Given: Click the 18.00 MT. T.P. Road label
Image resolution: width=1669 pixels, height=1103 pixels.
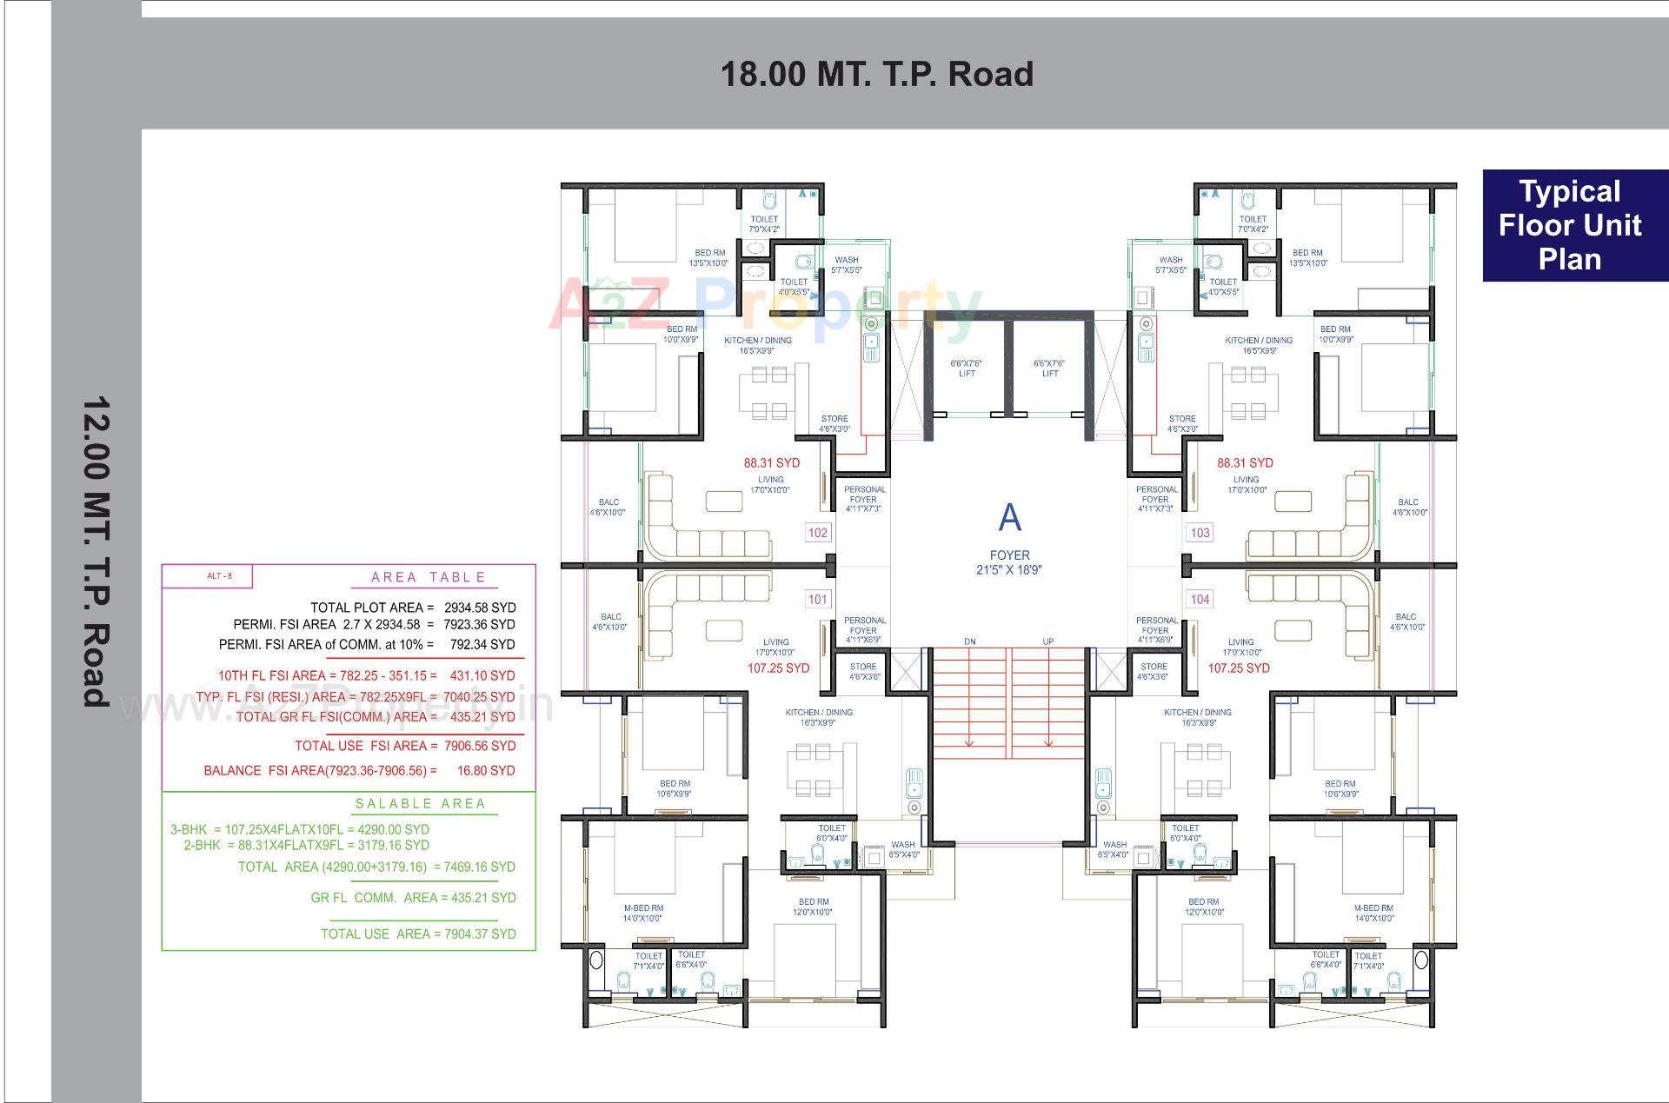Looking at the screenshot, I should click(x=877, y=74).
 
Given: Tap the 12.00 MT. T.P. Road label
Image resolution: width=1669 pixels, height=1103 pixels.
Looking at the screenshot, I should click(x=96, y=551).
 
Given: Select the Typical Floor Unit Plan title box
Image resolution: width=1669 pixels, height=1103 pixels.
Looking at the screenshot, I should click(x=1570, y=225).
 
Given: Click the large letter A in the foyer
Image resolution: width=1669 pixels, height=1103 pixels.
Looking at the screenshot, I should click(x=1009, y=518).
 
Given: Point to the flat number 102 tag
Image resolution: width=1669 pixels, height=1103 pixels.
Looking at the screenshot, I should click(x=818, y=533).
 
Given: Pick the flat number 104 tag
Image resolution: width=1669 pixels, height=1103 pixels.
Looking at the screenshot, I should click(x=1200, y=599).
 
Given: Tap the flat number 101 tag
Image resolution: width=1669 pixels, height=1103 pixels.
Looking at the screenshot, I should click(x=818, y=599).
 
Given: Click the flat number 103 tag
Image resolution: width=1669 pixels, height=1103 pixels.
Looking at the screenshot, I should click(x=1200, y=533).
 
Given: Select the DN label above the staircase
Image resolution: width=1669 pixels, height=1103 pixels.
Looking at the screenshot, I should click(x=970, y=641).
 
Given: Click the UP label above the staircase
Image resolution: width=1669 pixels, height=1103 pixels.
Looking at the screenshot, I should click(x=1048, y=641).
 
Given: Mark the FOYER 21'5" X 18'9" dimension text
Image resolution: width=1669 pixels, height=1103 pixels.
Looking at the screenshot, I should click(x=1009, y=562).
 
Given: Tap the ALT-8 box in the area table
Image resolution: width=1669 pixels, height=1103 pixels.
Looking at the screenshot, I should click(x=207, y=576).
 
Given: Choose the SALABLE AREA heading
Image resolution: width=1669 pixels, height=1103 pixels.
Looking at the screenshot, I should click(x=421, y=804).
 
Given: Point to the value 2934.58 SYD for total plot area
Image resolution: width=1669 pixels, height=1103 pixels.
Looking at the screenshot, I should click(x=479, y=608).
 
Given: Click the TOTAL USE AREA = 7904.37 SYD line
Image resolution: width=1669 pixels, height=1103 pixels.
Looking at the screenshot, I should click(x=418, y=934).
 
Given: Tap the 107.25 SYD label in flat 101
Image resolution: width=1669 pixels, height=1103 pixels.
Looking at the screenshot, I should click(x=778, y=668).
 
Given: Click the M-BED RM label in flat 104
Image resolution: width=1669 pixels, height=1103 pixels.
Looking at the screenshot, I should click(x=1373, y=908).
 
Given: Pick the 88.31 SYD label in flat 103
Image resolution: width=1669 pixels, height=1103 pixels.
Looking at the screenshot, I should click(x=1245, y=463).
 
